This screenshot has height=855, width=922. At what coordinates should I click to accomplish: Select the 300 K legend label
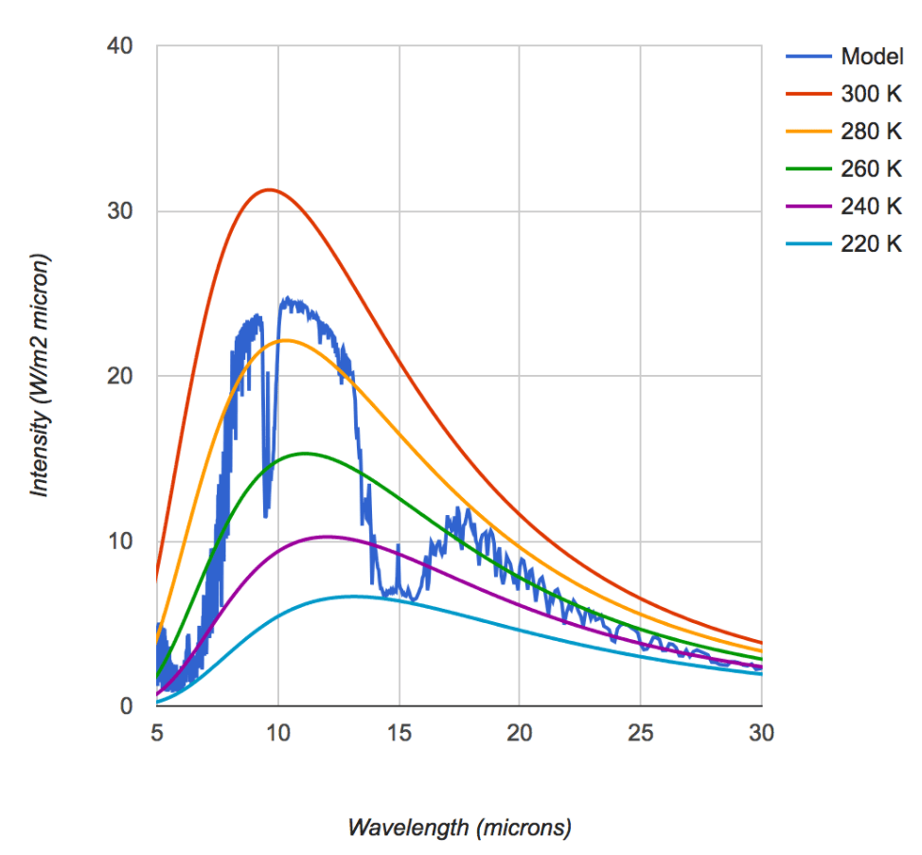pos(871,94)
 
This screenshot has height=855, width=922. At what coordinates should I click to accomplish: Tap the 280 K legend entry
pos(871,132)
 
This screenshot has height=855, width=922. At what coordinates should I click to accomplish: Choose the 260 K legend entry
pos(871,169)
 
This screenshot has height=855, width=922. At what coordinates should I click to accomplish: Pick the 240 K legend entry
pos(871,206)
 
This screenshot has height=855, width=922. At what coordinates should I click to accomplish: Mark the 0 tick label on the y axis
pos(127,706)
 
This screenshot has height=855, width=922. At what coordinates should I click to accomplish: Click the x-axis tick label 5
pos(157,734)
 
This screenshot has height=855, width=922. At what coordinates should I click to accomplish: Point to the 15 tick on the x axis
pos(399,734)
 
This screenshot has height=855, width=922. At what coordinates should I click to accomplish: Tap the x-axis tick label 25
pos(641,734)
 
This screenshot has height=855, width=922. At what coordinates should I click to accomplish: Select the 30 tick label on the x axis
pos(761,734)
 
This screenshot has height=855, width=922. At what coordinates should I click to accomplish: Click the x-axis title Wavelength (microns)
pos(459,828)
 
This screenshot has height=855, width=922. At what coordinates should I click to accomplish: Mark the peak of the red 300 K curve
pos(269,189)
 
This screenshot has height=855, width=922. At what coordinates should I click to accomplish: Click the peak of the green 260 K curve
pos(305,454)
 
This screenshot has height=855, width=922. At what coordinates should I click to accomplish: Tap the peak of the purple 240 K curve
pos(328,537)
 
